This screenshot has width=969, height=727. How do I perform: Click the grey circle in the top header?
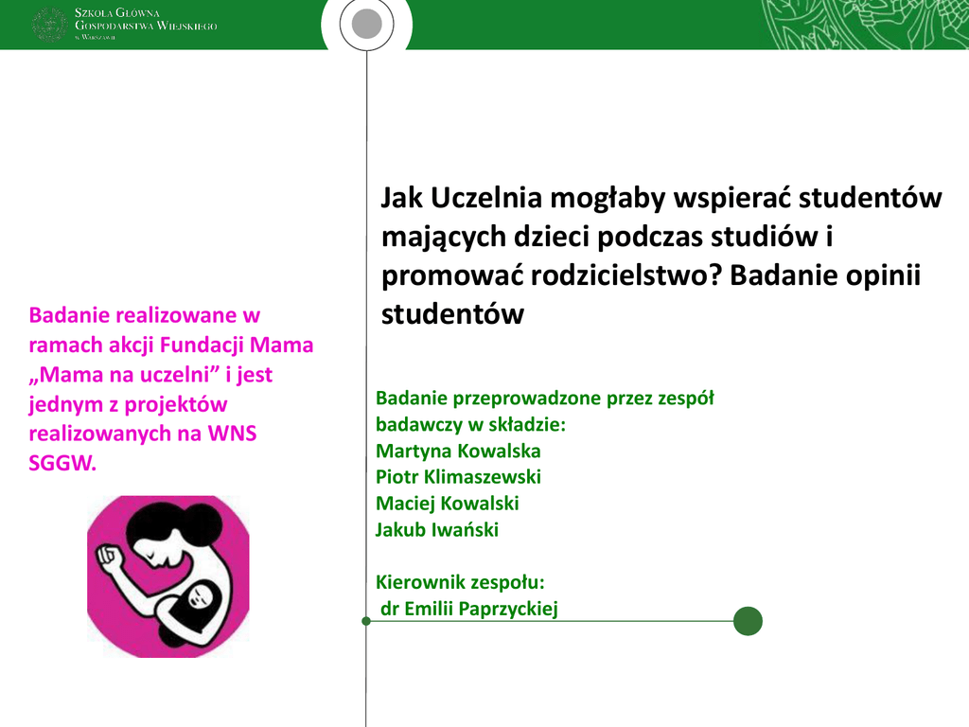coord(366,24)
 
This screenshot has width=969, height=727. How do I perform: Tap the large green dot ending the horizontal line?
coord(748,621)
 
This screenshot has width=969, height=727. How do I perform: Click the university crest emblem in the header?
coord(49,25)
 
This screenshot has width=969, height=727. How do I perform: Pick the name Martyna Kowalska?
coord(458,451)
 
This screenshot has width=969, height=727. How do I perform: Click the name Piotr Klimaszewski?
coord(458,477)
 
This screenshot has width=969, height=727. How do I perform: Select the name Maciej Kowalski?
coord(447,504)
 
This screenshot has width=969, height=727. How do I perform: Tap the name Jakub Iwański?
coord(437,530)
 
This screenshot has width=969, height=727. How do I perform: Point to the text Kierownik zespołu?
coord(460,582)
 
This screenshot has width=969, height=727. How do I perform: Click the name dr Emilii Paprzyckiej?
coord(469,609)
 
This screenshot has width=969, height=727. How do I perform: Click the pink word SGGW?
coord(62,463)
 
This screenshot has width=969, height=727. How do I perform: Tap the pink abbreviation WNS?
coord(232,434)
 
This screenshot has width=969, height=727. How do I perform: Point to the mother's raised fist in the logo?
coord(109,553)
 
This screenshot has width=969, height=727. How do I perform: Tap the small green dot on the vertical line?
coord(366,621)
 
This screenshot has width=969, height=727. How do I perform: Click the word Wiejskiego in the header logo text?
coord(186,26)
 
